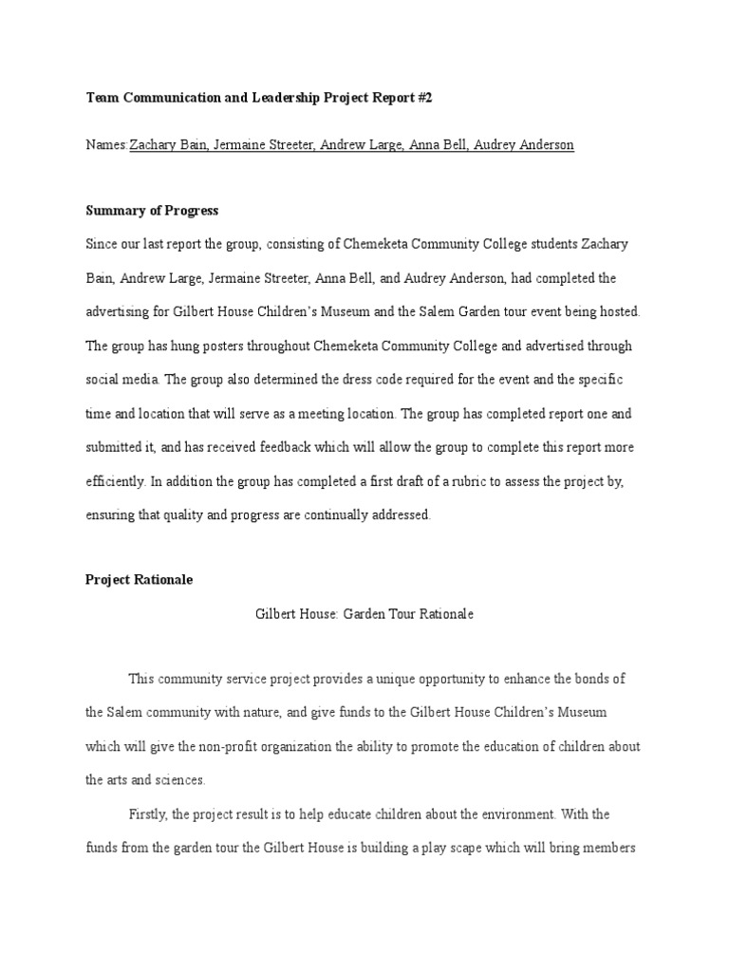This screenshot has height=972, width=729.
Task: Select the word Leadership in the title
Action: [281, 98]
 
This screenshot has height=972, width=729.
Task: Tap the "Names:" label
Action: [106, 145]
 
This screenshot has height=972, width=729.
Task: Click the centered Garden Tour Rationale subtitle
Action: [364, 614]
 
